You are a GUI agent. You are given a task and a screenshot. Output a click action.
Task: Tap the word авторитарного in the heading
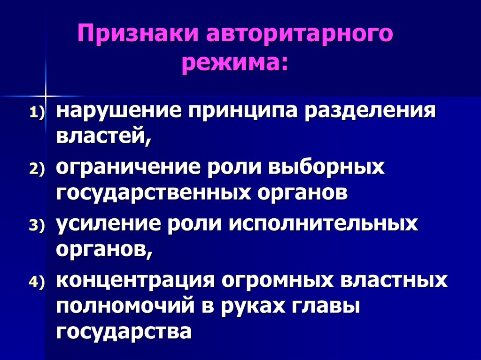pos(298,36)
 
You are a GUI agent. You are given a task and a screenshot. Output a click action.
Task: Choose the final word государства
pos(124,331)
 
